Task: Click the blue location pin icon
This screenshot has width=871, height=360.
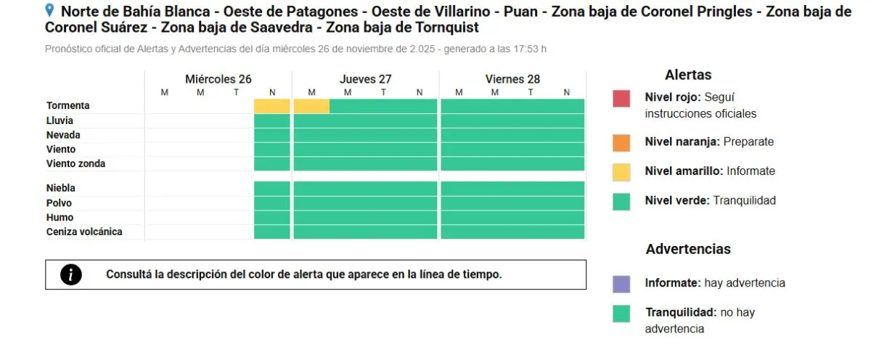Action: click(49, 10)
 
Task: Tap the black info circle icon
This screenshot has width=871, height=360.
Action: click(70, 274)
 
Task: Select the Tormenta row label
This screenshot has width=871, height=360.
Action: click(68, 106)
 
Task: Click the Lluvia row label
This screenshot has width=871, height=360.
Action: click(60, 120)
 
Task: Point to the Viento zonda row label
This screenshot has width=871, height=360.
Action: click(75, 164)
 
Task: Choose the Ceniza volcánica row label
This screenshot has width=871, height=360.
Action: click(84, 232)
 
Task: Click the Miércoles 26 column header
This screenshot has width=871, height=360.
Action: click(218, 79)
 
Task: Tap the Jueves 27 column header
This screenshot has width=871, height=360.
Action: click(365, 79)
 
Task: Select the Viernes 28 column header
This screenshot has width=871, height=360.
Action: click(512, 79)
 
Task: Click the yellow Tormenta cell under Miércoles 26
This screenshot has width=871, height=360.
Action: click(272, 106)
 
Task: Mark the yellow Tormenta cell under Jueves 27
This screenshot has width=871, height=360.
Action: click(311, 106)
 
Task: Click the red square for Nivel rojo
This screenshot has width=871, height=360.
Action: click(621, 98)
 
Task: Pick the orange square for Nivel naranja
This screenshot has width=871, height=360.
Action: click(621, 142)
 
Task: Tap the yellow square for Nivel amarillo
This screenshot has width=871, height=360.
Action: click(621, 171)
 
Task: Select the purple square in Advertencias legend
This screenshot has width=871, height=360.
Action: click(621, 283)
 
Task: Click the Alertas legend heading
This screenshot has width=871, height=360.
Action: click(688, 75)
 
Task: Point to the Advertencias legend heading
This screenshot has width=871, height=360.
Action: click(688, 249)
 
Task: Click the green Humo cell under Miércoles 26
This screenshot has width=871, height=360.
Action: click(272, 218)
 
